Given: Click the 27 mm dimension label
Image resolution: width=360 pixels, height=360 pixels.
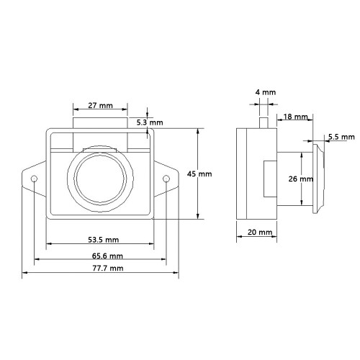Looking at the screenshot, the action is (x=100, y=105).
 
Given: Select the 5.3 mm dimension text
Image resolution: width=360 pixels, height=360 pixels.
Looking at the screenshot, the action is (x=150, y=122).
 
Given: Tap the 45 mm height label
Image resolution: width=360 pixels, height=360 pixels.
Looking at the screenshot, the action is (x=199, y=174).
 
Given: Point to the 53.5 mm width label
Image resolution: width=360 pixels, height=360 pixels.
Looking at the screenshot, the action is (x=104, y=240).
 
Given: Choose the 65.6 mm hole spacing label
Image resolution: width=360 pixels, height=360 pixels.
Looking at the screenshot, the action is (x=107, y=256).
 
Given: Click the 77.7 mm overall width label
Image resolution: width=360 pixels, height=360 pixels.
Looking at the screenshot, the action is (x=108, y=268).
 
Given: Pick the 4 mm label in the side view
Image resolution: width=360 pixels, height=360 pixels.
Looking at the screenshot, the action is (x=266, y=92).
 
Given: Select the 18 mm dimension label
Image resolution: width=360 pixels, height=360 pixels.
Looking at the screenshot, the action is (x=295, y=117).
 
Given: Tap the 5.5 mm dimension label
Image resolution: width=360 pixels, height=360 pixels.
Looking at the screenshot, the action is (x=341, y=137).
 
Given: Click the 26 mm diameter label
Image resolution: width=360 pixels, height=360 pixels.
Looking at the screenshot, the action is (x=301, y=179).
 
